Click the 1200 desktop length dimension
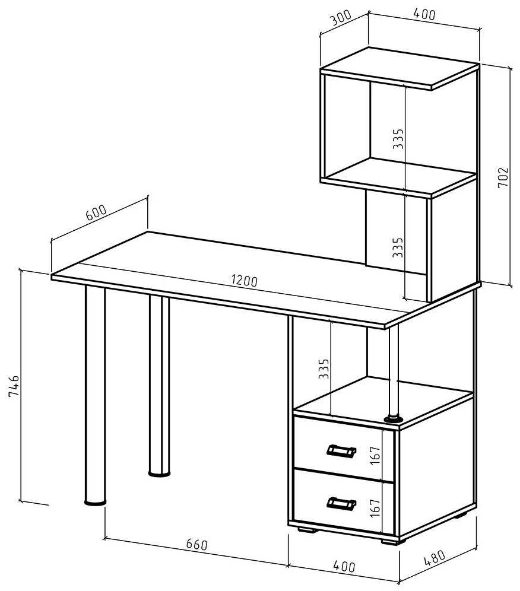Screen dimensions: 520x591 pyautogui.click(x=245, y=281)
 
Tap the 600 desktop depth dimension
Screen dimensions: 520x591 pyautogui.click(x=96, y=212)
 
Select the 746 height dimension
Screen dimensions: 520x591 pyautogui.click(x=14, y=386)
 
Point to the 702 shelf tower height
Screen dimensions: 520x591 pyautogui.click(x=503, y=177)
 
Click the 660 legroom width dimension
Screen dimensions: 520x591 pyautogui.click(x=197, y=544)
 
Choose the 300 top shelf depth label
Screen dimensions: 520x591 pyautogui.click(x=341, y=17)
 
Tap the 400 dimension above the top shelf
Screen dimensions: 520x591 pyautogui.click(x=424, y=14)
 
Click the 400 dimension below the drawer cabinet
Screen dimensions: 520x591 pyautogui.click(x=344, y=566)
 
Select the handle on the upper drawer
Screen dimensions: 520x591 pyautogui.click(x=341, y=450)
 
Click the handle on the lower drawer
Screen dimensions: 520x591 pyautogui.click(x=341, y=503)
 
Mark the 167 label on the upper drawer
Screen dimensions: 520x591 pyautogui.click(x=375, y=455)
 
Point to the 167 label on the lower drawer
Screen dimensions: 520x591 pyautogui.click(x=375, y=508)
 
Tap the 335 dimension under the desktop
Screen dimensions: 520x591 pyautogui.click(x=324, y=368)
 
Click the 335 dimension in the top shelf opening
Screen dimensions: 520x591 pyautogui.click(x=398, y=139)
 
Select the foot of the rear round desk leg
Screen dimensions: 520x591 pyautogui.click(x=159, y=473)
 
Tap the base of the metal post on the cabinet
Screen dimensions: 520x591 pyautogui.click(x=394, y=418)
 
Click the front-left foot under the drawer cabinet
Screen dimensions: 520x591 pyautogui.click(x=306, y=529)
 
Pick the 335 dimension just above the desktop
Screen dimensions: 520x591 pyautogui.click(x=398, y=247)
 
